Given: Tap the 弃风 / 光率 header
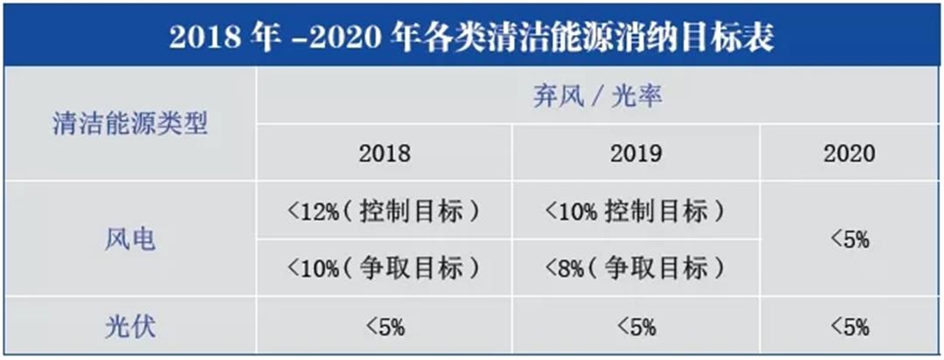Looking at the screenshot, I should tap(598, 95).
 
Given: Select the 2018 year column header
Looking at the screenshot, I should tap(384, 154).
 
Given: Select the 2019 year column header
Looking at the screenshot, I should tap(635, 154).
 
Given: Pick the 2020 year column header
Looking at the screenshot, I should tap(849, 154).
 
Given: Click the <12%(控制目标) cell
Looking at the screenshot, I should tap(384, 211).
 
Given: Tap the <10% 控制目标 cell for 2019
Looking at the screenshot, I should tap(635, 211).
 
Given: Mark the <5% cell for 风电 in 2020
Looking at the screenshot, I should tap(849, 239).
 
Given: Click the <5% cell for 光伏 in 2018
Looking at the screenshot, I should tap(384, 328).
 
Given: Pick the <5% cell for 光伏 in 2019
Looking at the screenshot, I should tap(635, 328).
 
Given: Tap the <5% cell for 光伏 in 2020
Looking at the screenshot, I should tap(849, 328).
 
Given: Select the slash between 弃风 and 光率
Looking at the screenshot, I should tap(598, 96).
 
